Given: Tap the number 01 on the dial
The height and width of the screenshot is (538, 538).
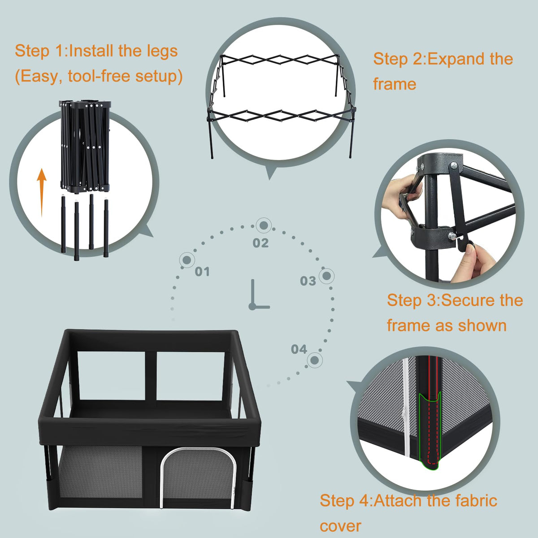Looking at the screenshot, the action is (202, 271).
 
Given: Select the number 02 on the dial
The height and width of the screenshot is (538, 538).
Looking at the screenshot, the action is (260, 243).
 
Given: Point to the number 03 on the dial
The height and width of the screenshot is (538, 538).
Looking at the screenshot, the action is (308, 281).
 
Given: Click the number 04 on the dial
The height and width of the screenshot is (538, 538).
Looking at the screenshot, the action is (299, 349).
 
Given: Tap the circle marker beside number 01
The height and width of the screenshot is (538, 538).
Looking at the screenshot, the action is (187, 260).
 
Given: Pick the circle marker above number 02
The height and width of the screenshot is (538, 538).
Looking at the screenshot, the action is (264, 226).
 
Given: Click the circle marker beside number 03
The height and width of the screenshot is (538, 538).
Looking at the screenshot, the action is (327, 276).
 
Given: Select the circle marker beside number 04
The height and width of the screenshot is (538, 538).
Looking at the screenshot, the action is (315, 360).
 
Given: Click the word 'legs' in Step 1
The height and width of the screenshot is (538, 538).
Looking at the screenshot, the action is (162, 52).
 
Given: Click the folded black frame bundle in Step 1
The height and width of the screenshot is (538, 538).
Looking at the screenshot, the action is (85, 147).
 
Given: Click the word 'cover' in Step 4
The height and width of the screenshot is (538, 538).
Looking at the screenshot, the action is (340, 526).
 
